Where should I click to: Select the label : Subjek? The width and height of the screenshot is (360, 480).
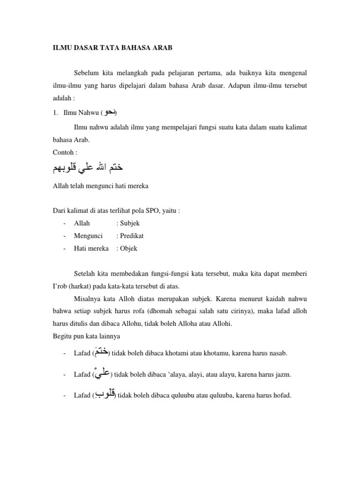click(x=128, y=224)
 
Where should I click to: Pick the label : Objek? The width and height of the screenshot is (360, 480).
click(x=127, y=248)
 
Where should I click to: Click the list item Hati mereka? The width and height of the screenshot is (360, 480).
click(x=91, y=248)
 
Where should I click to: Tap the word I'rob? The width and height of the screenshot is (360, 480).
click(x=60, y=285)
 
